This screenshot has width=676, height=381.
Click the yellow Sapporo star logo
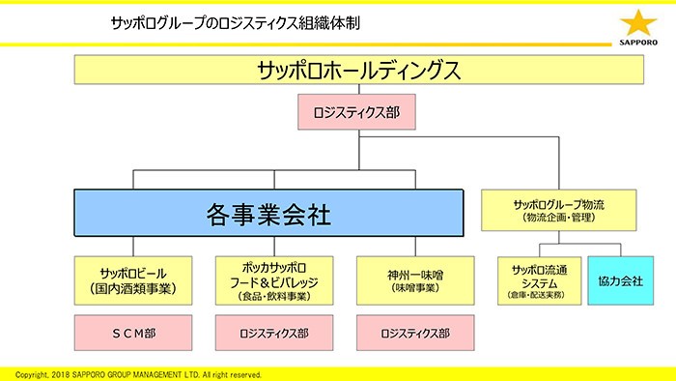(637, 21)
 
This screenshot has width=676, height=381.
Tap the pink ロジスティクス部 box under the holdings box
(357, 112)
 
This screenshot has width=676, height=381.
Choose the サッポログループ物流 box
(559, 210)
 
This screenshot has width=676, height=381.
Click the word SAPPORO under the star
(637, 43)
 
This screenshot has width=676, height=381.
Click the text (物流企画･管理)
(559, 218)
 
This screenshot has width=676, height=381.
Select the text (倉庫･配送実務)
(537, 293)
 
